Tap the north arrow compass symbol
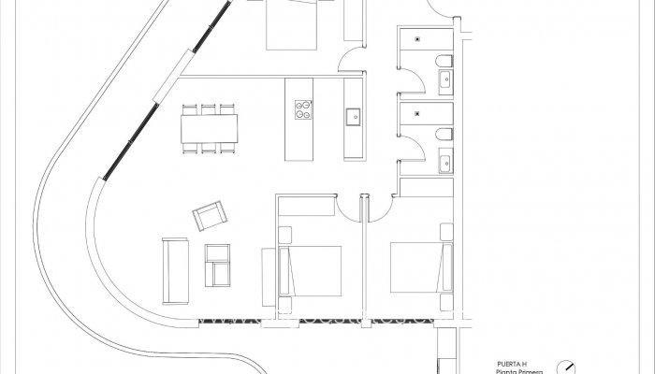click(x=565, y=367)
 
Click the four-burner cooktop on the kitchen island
click(x=303, y=109)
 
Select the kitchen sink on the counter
click(x=353, y=117)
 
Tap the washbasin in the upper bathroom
click(x=444, y=83)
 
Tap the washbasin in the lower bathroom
click(x=444, y=165)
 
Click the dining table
click(x=208, y=127)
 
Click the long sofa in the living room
click(x=174, y=269)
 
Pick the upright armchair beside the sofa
click(x=218, y=265)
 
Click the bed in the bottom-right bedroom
click(x=419, y=269)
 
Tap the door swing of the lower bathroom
click(x=409, y=168)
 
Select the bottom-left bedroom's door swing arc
click(x=349, y=209)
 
